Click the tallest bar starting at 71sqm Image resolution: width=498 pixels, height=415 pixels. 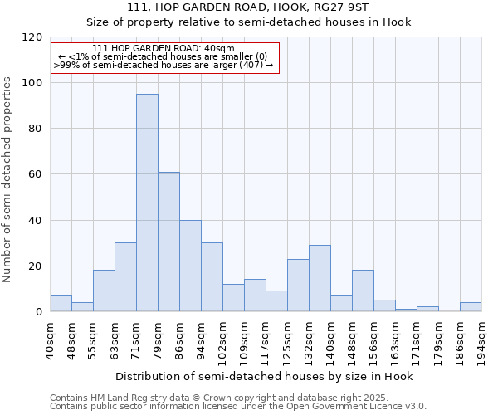coord(147,203)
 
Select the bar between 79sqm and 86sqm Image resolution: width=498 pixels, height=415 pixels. coord(168,242)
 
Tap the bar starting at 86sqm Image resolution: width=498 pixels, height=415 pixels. coord(190,266)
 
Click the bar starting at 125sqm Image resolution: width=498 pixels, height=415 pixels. coord(298,285)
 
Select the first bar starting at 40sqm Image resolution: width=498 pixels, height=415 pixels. coord(61,303)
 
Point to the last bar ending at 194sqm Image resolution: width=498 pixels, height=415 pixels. coord(471,306)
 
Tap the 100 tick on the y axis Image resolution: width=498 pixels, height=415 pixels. coord(33,83)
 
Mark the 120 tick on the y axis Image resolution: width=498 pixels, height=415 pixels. coord(33,37)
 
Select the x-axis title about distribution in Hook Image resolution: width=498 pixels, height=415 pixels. coord(264,376)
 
